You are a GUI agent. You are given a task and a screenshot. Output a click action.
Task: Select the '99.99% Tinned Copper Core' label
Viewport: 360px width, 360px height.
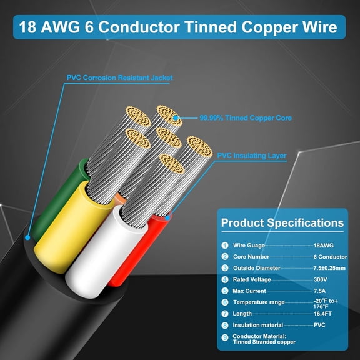tap(237, 117)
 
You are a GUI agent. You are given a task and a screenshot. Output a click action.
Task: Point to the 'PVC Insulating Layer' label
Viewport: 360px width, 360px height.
tap(252, 156)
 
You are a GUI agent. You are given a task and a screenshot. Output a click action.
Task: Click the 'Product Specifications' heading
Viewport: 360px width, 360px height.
tap(282, 222)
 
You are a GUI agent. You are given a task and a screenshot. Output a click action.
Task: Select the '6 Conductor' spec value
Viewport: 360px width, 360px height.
tap(329, 257)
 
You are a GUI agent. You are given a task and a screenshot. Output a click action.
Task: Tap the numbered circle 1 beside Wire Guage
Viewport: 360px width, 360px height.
tap(225, 246)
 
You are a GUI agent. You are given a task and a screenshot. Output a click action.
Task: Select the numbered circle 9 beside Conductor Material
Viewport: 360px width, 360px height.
tap(225, 339)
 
